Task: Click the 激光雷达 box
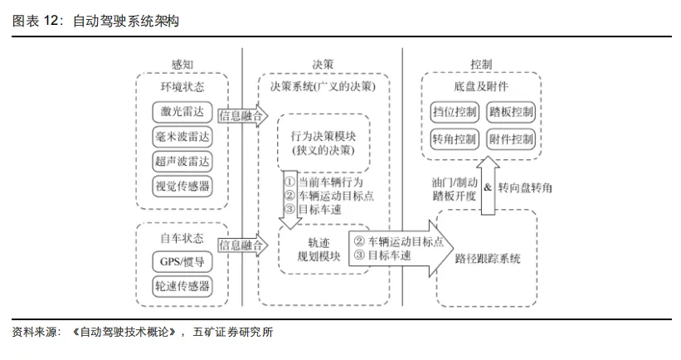click(182, 112)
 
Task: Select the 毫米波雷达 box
click(182, 137)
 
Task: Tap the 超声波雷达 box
click(182, 162)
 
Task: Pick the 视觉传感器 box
click(182, 187)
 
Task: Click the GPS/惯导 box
click(182, 262)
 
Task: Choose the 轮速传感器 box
click(182, 287)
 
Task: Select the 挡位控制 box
click(455, 112)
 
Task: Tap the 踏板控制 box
click(511, 112)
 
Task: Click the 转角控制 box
click(455, 139)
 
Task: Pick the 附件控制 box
click(511, 139)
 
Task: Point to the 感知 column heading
click(182, 65)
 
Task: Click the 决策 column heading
click(323, 65)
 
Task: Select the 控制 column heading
click(481, 65)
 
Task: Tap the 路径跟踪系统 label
click(487, 259)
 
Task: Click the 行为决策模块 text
click(323, 136)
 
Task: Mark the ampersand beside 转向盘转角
click(488, 187)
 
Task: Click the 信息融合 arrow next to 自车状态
click(243, 246)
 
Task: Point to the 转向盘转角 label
click(525, 188)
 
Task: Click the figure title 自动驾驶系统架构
click(126, 21)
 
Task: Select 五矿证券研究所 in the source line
click(233, 332)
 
